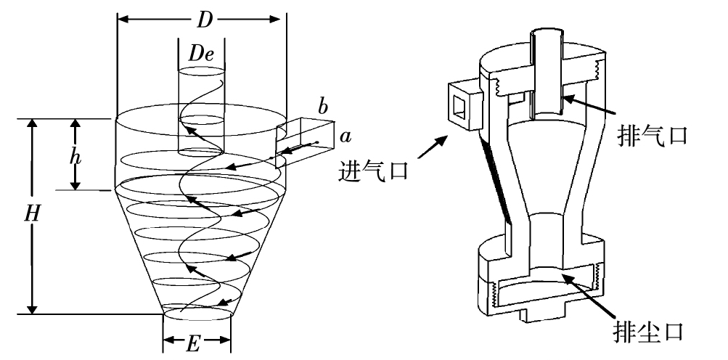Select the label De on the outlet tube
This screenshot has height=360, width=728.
tap(201, 54)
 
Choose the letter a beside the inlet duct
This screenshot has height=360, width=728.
tap(346, 136)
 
